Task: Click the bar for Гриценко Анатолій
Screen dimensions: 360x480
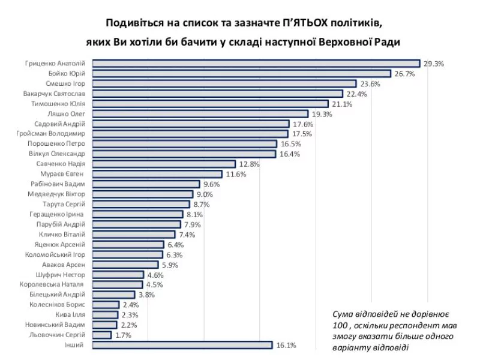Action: pos(257,63)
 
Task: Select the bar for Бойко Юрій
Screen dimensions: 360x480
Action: pos(250,73)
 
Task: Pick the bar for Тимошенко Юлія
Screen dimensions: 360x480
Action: pos(211,104)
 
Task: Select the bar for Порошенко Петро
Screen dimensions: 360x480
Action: pos(185,144)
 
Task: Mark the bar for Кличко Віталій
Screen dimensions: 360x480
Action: pos(135,235)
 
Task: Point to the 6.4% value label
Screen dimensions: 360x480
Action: pos(175,245)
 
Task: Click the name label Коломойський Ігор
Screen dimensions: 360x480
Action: pos(58,254)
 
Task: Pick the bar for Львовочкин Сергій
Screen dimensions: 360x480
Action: pos(103,335)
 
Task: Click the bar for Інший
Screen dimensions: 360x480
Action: pos(184,345)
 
